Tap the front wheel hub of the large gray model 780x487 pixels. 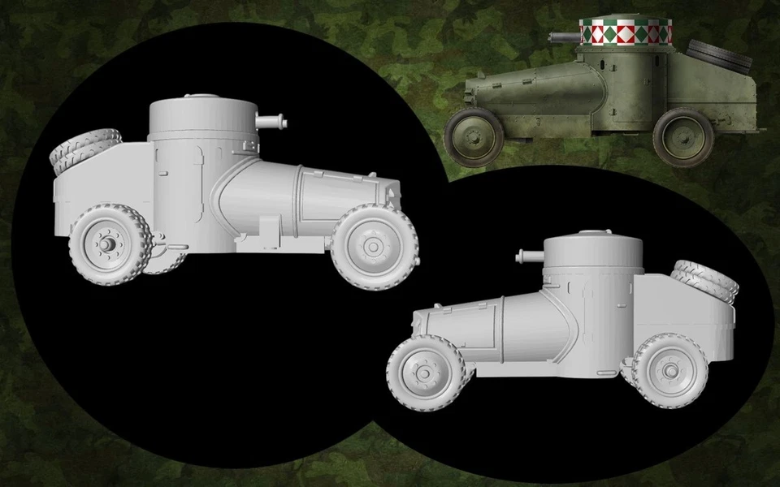(x=373, y=245)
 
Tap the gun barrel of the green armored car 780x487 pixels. (x=563, y=37)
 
